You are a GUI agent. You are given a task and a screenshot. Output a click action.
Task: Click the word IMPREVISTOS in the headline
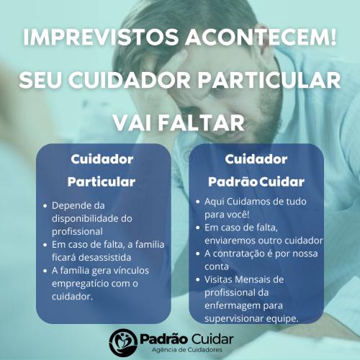coord(101,37)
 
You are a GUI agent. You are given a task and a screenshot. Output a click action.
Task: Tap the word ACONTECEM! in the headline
coord(261,37)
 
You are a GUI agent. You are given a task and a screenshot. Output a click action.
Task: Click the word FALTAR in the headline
coord(201,122)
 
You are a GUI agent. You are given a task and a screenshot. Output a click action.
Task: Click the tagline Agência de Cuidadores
coord(187,350)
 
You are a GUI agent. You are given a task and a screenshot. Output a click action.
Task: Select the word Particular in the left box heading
coord(102,181)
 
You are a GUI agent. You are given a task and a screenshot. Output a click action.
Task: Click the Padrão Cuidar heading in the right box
coord(256,181)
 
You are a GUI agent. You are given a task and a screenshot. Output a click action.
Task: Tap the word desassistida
coord(104,258)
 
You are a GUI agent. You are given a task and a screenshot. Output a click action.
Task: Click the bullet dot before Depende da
coord(45,206)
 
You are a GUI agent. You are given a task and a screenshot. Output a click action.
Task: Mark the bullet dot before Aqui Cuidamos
coord(198,202)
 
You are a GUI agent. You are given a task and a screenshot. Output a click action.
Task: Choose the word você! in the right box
coord(238,215)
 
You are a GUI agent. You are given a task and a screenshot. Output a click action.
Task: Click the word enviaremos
coord(230,240)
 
